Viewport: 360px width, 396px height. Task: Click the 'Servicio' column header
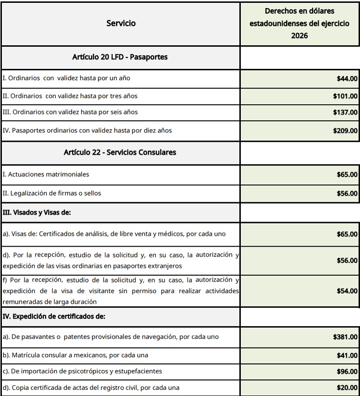121,23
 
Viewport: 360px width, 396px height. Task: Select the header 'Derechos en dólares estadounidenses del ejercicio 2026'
300,23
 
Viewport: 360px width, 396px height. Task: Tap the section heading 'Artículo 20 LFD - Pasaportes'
120,58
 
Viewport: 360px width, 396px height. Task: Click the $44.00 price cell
346,78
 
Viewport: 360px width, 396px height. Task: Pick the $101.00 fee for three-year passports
344,96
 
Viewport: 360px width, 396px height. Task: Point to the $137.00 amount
344,113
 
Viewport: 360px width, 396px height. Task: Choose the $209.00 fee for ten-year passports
344,130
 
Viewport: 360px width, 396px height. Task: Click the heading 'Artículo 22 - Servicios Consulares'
120,152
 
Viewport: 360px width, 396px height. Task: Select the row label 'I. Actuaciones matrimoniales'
46,174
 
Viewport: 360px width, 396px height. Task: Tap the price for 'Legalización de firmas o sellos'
346,193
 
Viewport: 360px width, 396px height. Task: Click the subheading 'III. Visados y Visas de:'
37,213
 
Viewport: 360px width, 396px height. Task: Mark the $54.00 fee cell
346,291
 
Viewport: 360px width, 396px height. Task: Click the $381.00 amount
344,337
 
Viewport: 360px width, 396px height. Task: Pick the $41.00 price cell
346,355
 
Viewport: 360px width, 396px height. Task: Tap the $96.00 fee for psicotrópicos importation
346,371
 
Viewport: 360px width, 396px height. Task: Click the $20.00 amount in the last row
346,388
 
